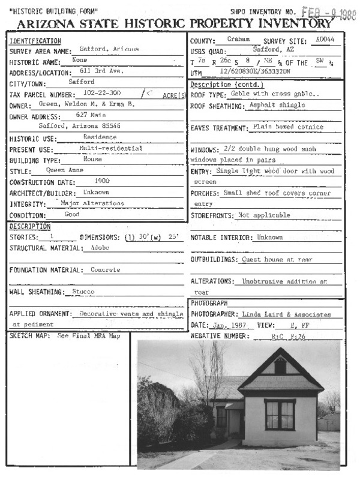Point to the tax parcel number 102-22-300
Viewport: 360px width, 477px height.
pyautogui.click(x=95, y=92)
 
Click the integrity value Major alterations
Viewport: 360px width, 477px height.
pyautogui.click(x=92, y=203)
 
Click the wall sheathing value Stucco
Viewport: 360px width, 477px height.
pyautogui.click(x=84, y=292)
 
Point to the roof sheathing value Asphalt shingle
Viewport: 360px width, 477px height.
pyautogui.click(x=277, y=105)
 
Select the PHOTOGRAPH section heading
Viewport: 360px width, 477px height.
pyautogui.click(x=209, y=304)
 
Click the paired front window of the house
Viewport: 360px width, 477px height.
pyautogui.click(x=280, y=416)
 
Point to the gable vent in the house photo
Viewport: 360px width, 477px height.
pyautogui.click(x=280, y=366)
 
